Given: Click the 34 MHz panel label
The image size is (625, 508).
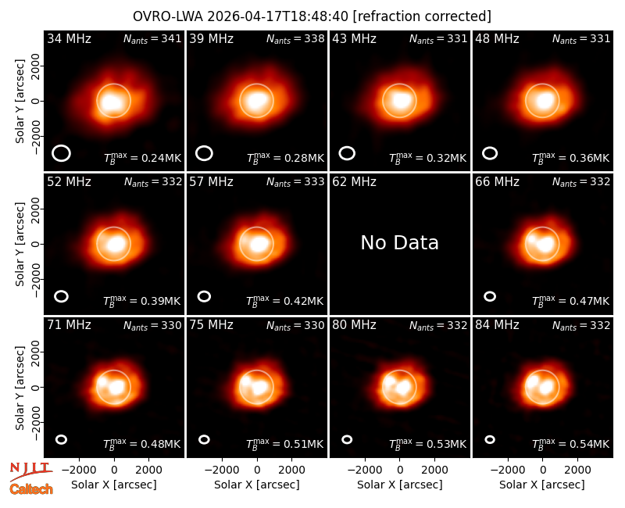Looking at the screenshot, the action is (69, 38).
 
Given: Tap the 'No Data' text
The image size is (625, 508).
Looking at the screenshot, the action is (399, 242).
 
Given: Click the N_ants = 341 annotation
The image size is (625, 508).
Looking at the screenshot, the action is (152, 38).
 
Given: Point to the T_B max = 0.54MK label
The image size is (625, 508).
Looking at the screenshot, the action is (571, 444).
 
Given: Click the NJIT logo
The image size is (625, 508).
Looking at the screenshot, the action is (30, 471).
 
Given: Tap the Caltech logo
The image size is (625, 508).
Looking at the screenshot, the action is (31, 489).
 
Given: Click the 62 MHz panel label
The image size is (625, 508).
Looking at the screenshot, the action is (355, 182).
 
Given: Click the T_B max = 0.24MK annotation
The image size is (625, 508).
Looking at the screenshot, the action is (142, 158).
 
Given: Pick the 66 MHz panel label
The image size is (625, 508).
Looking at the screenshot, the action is (497, 182).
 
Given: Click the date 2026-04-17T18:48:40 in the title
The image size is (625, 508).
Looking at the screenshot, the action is (278, 16).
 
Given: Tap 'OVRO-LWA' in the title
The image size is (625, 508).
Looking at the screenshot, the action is (168, 16).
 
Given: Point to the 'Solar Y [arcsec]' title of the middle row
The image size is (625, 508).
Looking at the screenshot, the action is (20, 244).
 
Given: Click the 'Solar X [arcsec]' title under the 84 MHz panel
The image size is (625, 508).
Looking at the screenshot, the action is (542, 485).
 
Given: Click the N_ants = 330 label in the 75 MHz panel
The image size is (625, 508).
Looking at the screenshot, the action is (295, 325).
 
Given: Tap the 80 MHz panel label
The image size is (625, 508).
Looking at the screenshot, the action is (355, 325).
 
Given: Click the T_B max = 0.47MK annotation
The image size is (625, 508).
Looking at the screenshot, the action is (571, 301).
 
